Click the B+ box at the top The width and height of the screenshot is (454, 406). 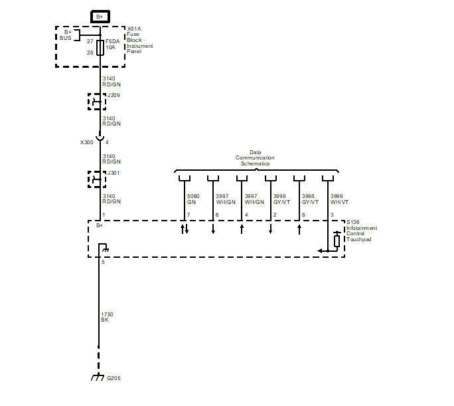pyautogui.click(x=100, y=17)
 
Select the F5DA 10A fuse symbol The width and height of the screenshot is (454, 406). pyautogui.click(x=100, y=48)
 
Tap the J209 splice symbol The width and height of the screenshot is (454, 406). pyautogui.click(x=97, y=102)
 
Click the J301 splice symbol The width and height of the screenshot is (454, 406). pyautogui.click(x=97, y=179)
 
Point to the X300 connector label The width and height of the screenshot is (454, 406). pyautogui.click(x=86, y=142)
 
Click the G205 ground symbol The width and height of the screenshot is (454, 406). pyautogui.click(x=98, y=377)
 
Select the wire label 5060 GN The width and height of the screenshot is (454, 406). pyautogui.click(x=193, y=199)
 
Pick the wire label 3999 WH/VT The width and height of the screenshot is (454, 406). pyautogui.click(x=339, y=199)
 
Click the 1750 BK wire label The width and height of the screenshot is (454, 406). pyautogui.click(x=107, y=317)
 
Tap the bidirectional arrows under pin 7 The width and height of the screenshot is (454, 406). pyautogui.click(x=185, y=229)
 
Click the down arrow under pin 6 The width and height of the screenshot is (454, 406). pyautogui.click(x=213, y=229)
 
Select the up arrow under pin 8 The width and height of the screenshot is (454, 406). pyautogui.click(x=299, y=229)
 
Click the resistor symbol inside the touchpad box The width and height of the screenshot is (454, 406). pyautogui.click(x=337, y=241)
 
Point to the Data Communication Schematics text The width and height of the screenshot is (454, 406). pyautogui.click(x=255, y=158)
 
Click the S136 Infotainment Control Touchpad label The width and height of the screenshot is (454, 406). pyautogui.click(x=362, y=231)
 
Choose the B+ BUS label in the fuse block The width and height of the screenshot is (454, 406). pyautogui.click(x=66, y=35)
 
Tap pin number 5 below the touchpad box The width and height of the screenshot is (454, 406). pyautogui.click(x=103, y=262)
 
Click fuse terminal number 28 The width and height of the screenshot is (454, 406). pyautogui.click(x=90, y=52)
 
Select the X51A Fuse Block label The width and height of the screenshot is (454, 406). pyautogui.click(x=140, y=40)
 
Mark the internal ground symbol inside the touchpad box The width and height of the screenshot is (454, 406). pyautogui.click(x=103, y=247)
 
